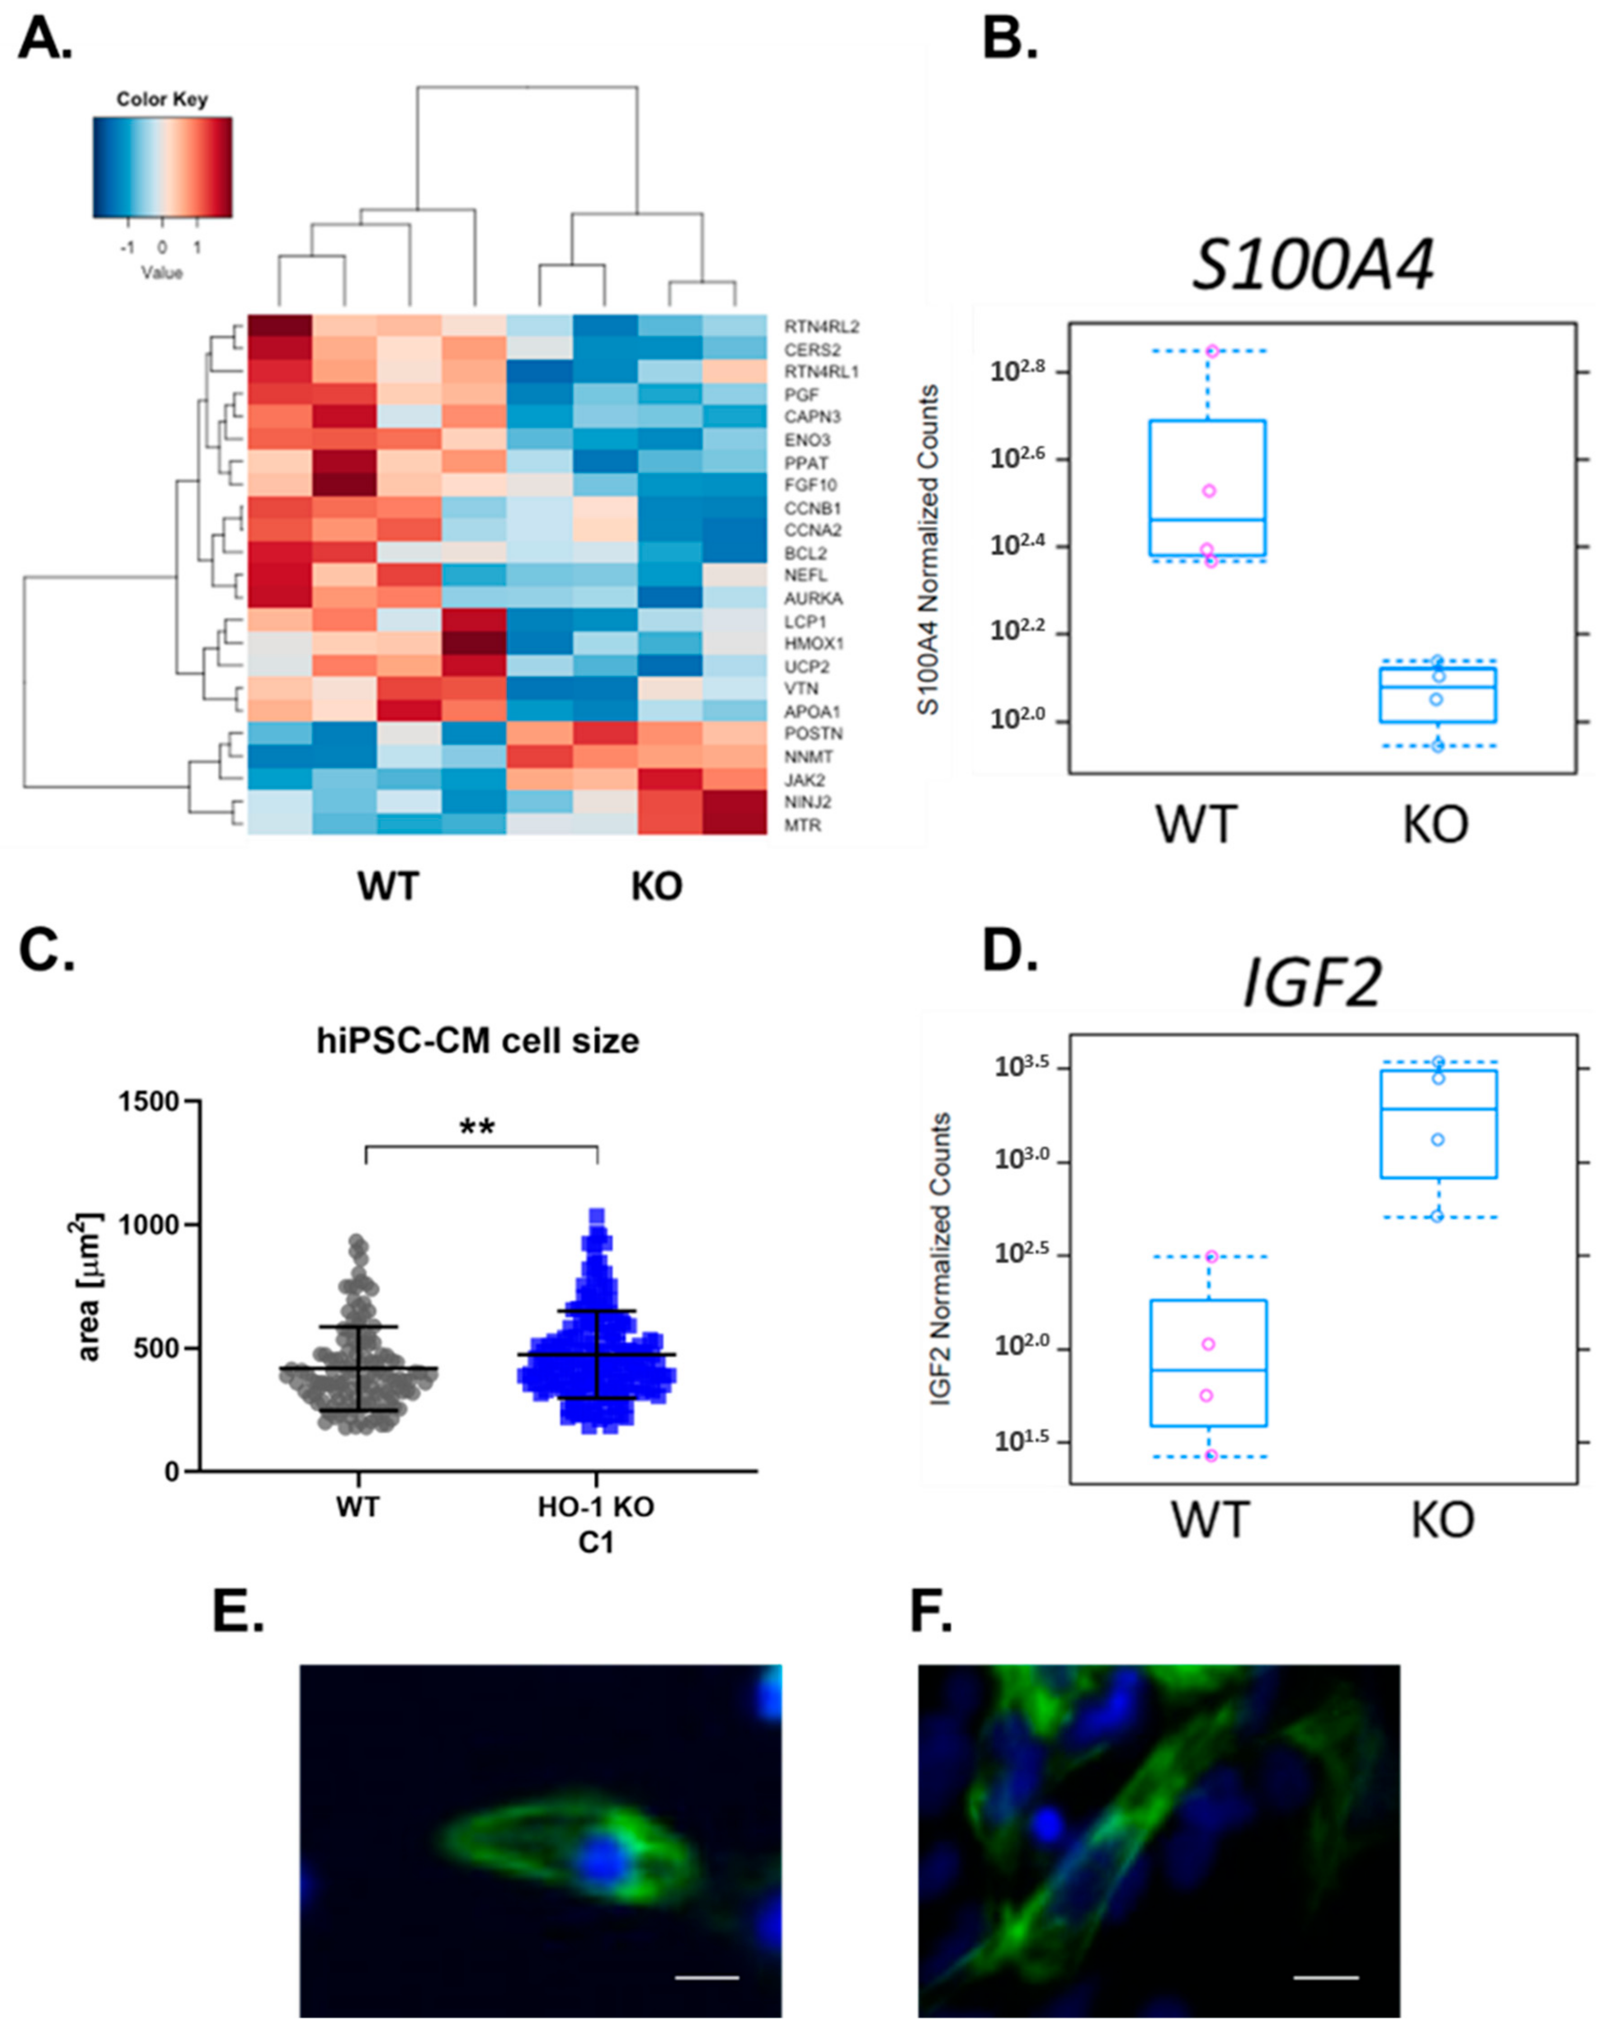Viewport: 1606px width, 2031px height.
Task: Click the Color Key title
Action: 162,99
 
